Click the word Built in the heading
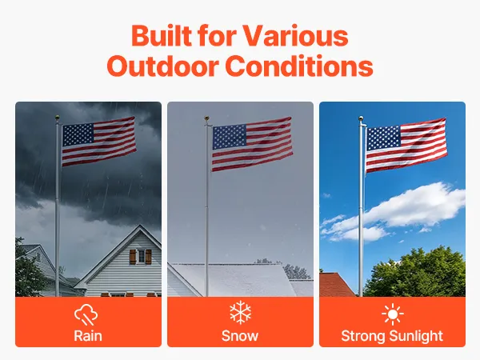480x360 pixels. (162, 35)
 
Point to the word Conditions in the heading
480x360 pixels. (300, 66)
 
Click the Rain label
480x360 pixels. (88, 336)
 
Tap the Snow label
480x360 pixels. (240, 336)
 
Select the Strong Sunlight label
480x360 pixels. (392, 336)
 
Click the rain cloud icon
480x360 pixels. (86, 314)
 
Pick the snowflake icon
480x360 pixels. (240, 312)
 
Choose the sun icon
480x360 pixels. (393, 314)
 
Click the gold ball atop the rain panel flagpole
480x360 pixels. (58, 118)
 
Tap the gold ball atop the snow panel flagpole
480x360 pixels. (206, 118)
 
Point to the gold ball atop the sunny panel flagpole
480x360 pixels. (362, 118)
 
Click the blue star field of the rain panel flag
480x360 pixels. (78, 135)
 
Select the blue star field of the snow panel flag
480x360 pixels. (230, 137)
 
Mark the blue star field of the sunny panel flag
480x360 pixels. (383, 138)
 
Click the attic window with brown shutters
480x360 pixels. (141, 257)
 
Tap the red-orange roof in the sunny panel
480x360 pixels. (336, 285)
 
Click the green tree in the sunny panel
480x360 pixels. (416, 273)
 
